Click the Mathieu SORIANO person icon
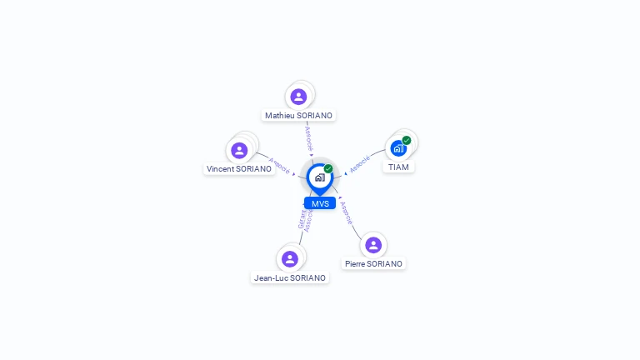pos(298,97)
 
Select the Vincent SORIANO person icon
pos(239,150)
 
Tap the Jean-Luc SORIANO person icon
pos(289,258)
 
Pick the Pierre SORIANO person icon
pos(373,244)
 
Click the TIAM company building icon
pos(398,148)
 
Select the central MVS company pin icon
pos(319,177)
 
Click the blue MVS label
pos(320,203)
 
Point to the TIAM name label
pos(399,167)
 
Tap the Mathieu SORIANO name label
pos(298,115)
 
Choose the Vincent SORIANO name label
pos(239,168)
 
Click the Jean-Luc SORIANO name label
pos(290,277)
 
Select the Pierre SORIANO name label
pos(373,263)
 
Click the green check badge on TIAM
pos(407,140)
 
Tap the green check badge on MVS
pos(328,168)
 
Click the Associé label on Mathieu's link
pos(308,137)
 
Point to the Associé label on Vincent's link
pos(280,163)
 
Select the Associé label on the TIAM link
pos(360,163)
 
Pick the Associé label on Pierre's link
pos(347,212)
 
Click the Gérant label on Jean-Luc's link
pos(302,219)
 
